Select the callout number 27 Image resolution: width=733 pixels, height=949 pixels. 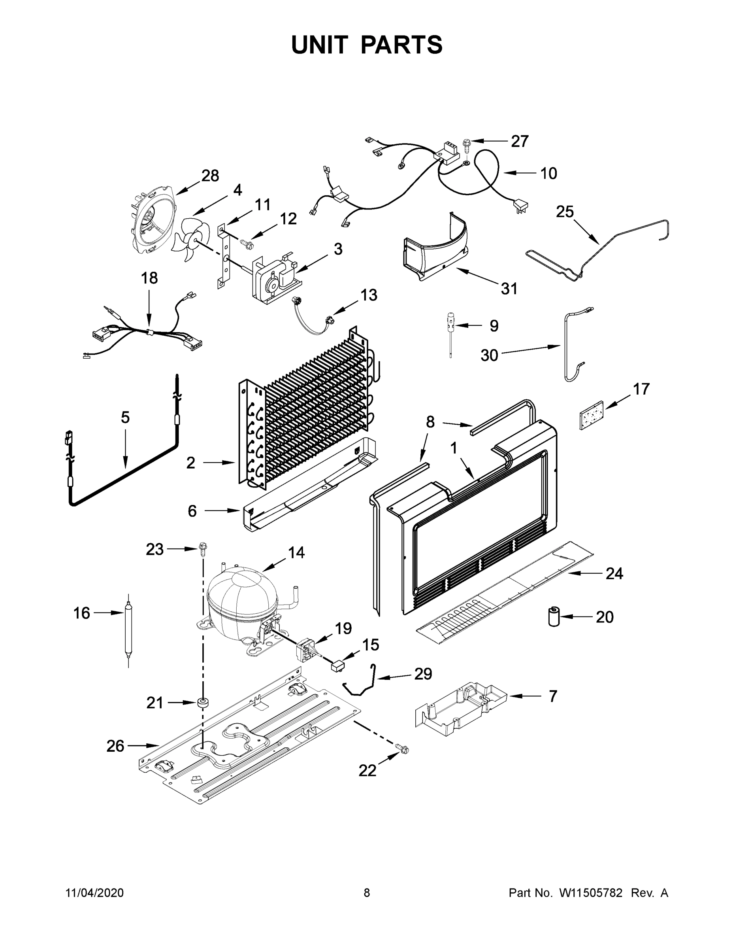pos(519,141)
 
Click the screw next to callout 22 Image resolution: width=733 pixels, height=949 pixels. pos(403,748)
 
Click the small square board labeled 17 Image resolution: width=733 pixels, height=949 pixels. pos(592,416)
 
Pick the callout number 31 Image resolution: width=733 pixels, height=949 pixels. pos(509,289)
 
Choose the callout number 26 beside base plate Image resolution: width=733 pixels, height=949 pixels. pos(115,746)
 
